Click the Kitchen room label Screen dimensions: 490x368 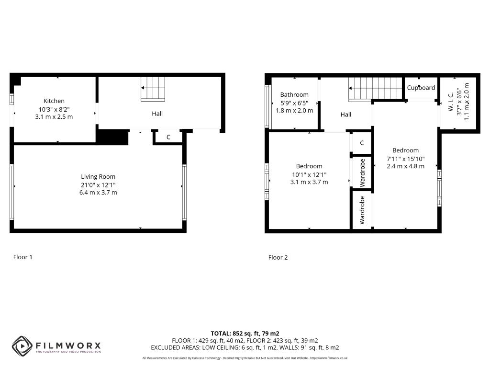54,101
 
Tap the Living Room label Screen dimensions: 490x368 98,177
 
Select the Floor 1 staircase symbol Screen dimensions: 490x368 153,89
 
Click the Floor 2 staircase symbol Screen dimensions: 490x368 375,90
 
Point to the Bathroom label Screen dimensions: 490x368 294,95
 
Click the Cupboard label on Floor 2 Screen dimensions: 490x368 421,88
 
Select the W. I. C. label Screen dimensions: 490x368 451,102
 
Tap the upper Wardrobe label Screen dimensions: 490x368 362,172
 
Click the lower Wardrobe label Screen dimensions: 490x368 362,210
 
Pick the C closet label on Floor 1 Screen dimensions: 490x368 168,137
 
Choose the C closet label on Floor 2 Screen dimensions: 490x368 362,143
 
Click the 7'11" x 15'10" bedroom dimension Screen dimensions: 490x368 406,159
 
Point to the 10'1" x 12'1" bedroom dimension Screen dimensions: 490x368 309,174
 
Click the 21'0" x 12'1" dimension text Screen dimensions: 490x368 98,185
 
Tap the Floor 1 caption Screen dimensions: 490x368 23,257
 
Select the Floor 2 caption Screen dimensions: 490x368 278,257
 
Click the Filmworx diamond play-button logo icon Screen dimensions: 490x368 22,346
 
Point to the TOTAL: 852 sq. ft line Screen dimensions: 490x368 245,333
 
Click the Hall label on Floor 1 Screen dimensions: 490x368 157,114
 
